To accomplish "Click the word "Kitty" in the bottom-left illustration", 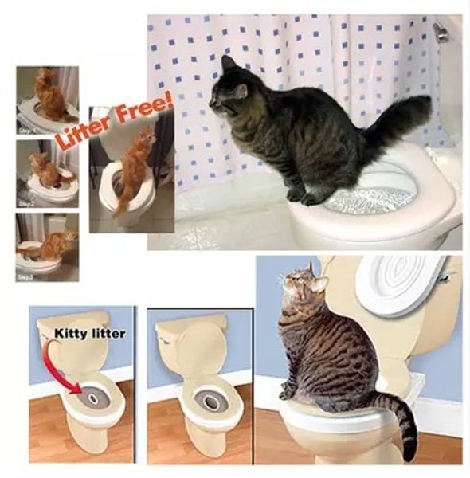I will click(x=70, y=335).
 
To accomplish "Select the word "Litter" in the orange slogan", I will click(x=82, y=132).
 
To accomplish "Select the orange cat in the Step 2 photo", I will click(x=45, y=170).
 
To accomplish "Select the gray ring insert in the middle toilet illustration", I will click(x=210, y=402).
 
